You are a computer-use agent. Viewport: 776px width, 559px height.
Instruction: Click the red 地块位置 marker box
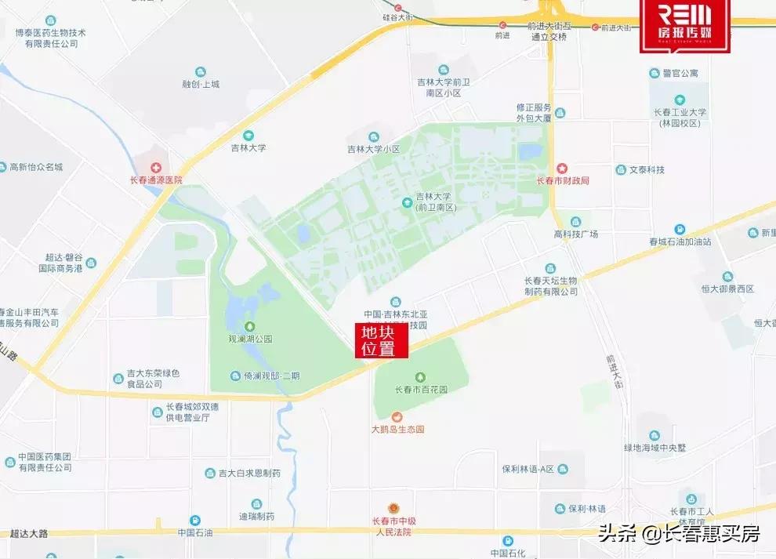click(x=382, y=341)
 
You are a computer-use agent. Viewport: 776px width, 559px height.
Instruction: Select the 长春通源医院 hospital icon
click(x=155, y=168)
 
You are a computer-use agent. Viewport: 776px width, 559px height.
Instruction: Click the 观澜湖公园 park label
click(x=249, y=339)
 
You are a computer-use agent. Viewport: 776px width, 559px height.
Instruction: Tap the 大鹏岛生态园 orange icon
click(x=397, y=416)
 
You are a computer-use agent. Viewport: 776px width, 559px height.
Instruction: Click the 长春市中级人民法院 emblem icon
click(x=397, y=509)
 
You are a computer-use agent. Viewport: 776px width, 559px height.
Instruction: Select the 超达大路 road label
click(x=29, y=534)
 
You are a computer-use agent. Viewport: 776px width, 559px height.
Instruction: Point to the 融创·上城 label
click(x=201, y=84)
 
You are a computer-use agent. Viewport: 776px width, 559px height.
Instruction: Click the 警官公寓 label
click(x=679, y=73)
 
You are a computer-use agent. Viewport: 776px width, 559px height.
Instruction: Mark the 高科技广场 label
click(x=576, y=234)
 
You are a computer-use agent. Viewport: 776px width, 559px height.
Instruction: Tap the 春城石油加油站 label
click(x=680, y=241)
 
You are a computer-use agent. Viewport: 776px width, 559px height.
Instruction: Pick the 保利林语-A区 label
click(x=528, y=469)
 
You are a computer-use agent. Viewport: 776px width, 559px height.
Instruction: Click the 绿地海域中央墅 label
click(x=655, y=448)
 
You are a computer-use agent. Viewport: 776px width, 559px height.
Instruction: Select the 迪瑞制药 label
click(x=256, y=517)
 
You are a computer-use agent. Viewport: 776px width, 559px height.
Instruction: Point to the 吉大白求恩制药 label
click(x=249, y=474)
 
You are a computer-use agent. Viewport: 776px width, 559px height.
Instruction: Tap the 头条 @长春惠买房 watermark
click(x=679, y=534)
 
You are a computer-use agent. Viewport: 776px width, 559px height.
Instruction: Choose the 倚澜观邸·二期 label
click(x=271, y=376)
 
